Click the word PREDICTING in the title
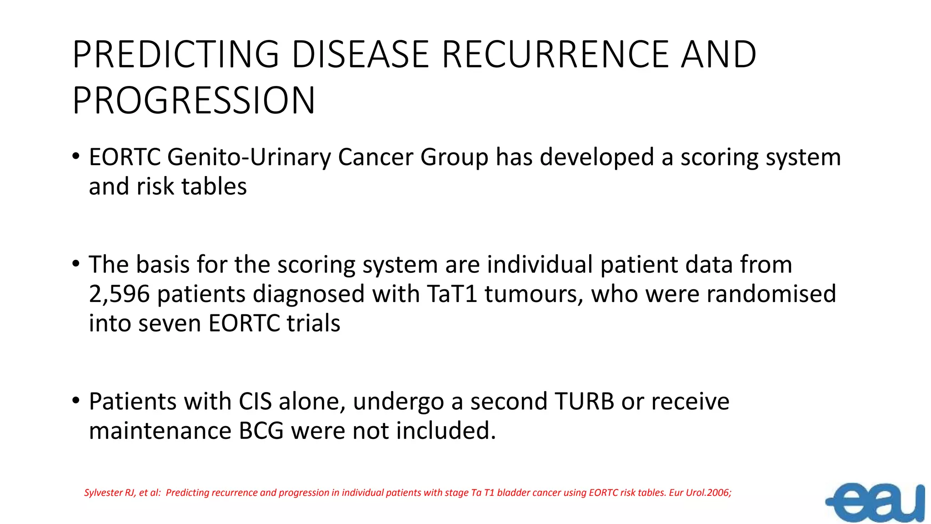point(175,55)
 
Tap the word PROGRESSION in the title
point(194,101)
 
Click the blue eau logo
point(876,503)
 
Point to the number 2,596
point(119,294)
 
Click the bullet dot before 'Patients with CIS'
point(76,401)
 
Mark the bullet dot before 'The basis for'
point(76,264)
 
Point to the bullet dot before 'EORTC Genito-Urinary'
point(76,156)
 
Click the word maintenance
point(160,431)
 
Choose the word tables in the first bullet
point(214,186)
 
